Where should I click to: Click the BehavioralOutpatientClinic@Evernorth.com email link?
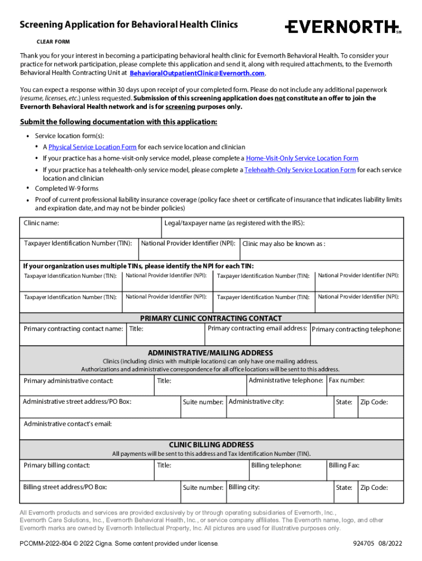point(197,73)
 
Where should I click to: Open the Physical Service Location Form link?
point(92,147)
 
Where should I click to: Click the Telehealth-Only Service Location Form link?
point(300,170)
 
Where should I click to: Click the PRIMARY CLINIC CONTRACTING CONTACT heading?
point(211,318)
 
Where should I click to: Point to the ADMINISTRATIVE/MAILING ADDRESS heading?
point(211,353)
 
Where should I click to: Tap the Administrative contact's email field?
point(211,432)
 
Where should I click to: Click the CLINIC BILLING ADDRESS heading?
point(211,445)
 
